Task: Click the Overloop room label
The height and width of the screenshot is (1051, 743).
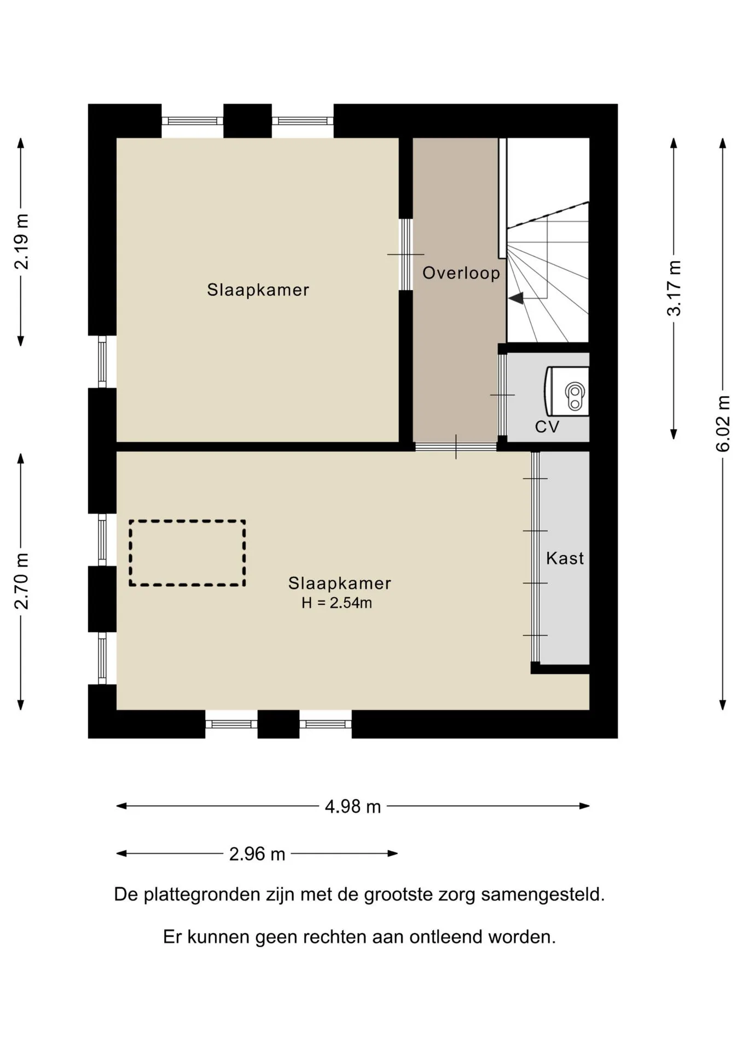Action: click(461, 273)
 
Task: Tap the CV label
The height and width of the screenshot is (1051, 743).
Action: click(547, 427)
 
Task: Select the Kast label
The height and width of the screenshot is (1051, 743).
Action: click(565, 558)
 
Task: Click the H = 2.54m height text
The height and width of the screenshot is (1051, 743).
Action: click(336, 603)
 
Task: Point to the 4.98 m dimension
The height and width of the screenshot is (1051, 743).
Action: click(353, 806)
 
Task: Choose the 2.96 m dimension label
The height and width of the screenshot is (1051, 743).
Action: click(257, 854)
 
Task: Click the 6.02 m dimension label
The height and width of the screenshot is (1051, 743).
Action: click(723, 423)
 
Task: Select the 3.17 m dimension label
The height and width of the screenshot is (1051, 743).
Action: click(674, 288)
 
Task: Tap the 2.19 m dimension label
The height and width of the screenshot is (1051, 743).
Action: click(21, 241)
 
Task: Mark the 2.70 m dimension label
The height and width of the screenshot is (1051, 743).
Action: click(21, 581)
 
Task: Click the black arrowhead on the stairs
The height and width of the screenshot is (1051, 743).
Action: click(516, 298)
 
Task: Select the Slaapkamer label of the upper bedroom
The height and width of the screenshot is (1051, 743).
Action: click(258, 290)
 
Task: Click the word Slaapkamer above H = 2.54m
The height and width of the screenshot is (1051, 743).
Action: click(340, 583)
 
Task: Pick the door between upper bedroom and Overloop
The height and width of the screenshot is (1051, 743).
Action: click(405, 255)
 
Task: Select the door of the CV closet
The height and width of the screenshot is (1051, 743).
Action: click(502, 395)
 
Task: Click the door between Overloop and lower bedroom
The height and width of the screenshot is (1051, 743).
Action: click(456, 447)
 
